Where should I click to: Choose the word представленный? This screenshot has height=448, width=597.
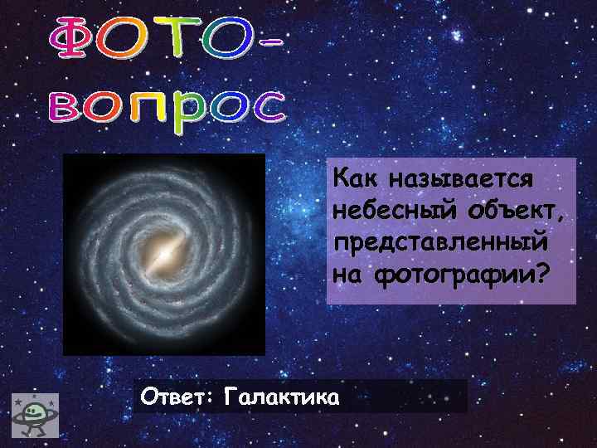439,242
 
